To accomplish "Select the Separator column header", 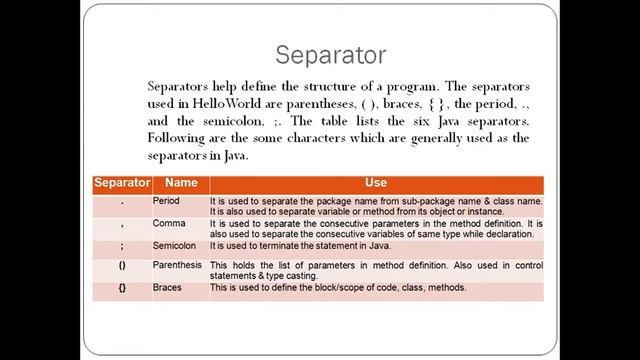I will (x=121, y=183).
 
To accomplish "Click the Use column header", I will (x=375, y=183).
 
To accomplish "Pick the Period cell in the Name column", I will (x=166, y=200).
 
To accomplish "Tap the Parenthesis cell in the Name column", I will (x=178, y=265).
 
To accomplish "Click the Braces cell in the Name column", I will (x=167, y=288).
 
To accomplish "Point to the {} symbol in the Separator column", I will (x=121, y=289).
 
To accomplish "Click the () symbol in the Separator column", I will (x=121, y=267).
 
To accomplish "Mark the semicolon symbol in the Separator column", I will (x=121, y=246).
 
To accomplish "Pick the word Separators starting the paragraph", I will (x=180, y=88).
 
